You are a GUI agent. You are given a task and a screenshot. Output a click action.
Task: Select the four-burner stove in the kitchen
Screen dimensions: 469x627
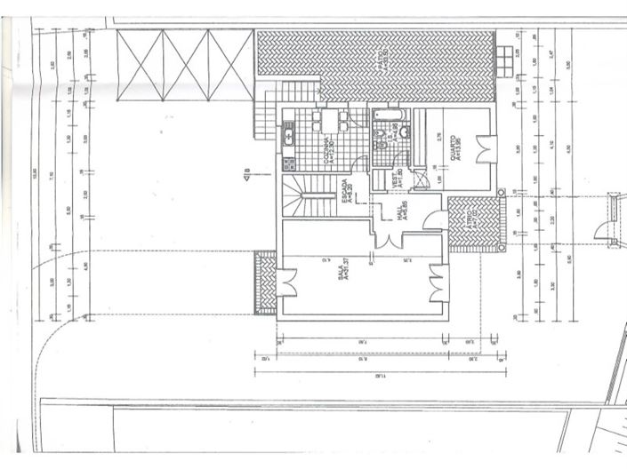click(288, 163)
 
